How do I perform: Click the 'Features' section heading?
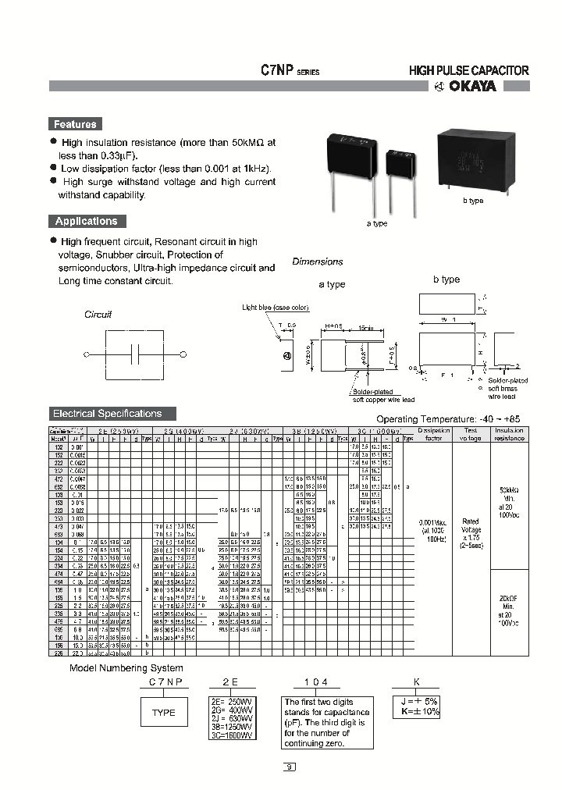click(76, 124)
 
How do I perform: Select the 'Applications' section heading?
click(86, 222)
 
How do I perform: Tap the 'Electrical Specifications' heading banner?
click(107, 414)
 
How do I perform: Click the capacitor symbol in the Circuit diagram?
click(135, 354)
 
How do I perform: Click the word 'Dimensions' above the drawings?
click(318, 262)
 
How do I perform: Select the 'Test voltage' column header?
click(471, 434)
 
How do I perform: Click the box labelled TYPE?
click(164, 713)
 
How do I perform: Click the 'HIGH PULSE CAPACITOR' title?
click(469, 70)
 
